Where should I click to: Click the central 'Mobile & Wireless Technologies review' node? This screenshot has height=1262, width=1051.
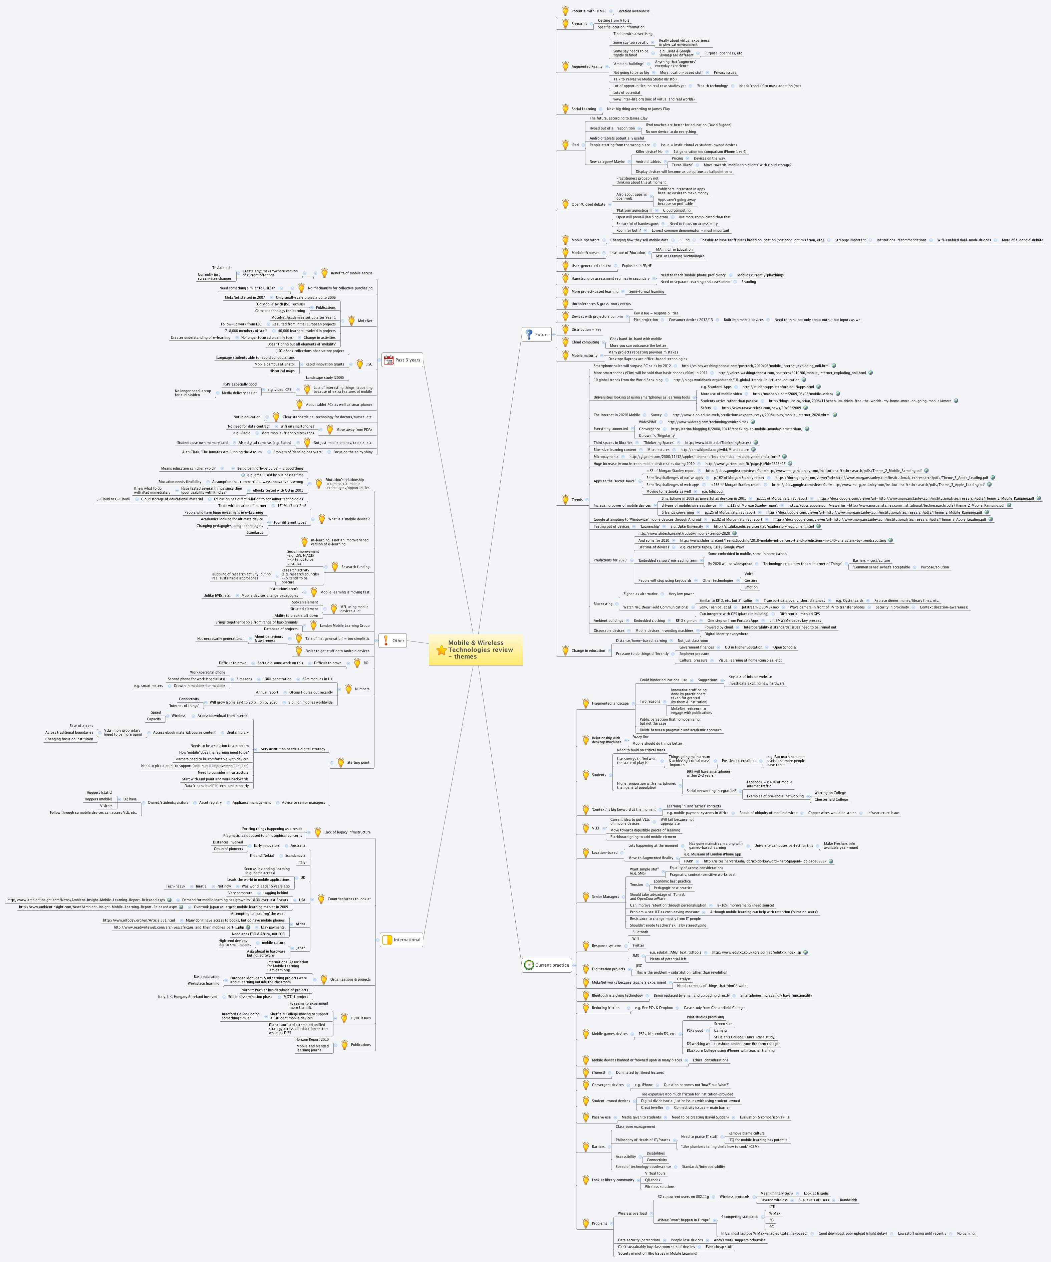point(480,650)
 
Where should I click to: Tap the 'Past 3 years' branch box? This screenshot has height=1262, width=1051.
point(408,360)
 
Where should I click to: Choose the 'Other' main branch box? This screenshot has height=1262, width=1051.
point(398,641)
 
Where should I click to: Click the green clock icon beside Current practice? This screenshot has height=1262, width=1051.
point(528,965)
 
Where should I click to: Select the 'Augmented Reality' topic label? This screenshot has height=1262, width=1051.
point(586,67)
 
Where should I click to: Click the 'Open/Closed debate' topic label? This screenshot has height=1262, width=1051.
point(588,204)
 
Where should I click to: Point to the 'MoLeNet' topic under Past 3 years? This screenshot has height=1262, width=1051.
point(365,321)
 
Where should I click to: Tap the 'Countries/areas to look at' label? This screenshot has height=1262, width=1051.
point(348,900)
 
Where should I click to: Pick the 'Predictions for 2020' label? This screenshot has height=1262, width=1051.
point(609,560)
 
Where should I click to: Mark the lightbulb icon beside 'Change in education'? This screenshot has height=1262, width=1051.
point(565,650)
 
